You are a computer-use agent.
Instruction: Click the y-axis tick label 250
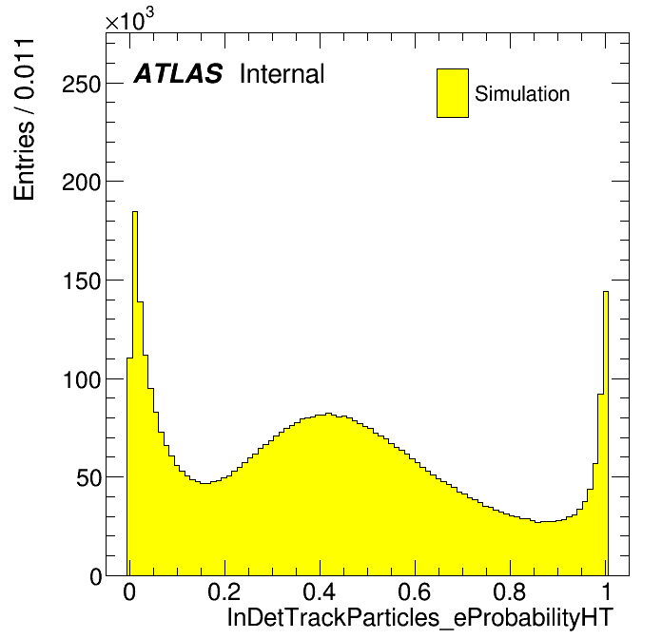[x=82, y=85]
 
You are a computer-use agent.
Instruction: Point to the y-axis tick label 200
[x=82, y=183]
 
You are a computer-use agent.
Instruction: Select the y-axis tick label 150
[x=82, y=281]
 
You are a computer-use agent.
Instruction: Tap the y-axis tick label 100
[x=82, y=379]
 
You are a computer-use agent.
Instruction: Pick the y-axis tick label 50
[x=88, y=478]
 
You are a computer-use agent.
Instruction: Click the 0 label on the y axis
[x=96, y=577]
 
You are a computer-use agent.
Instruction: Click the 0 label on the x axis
[x=129, y=592]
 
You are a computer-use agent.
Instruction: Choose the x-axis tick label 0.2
[x=224, y=592]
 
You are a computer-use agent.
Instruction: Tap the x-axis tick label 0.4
[x=320, y=592]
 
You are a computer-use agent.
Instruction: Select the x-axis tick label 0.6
[x=415, y=592]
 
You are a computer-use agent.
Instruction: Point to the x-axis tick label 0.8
[x=510, y=592]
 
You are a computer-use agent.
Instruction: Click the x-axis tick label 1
[x=607, y=592]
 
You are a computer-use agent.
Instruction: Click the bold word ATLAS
[x=178, y=73]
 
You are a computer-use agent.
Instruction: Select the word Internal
[x=282, y=74]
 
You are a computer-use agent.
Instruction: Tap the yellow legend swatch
[x=453, y=93]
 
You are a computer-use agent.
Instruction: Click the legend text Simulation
[x=522, y=93]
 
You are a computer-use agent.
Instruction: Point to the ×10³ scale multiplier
[x=129, y=19]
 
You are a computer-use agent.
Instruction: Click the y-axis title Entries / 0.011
[x=24, y=120]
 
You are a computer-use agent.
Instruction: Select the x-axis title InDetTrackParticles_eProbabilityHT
[x=420, y=618]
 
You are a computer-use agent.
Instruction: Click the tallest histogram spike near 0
[x=135, y=394]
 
